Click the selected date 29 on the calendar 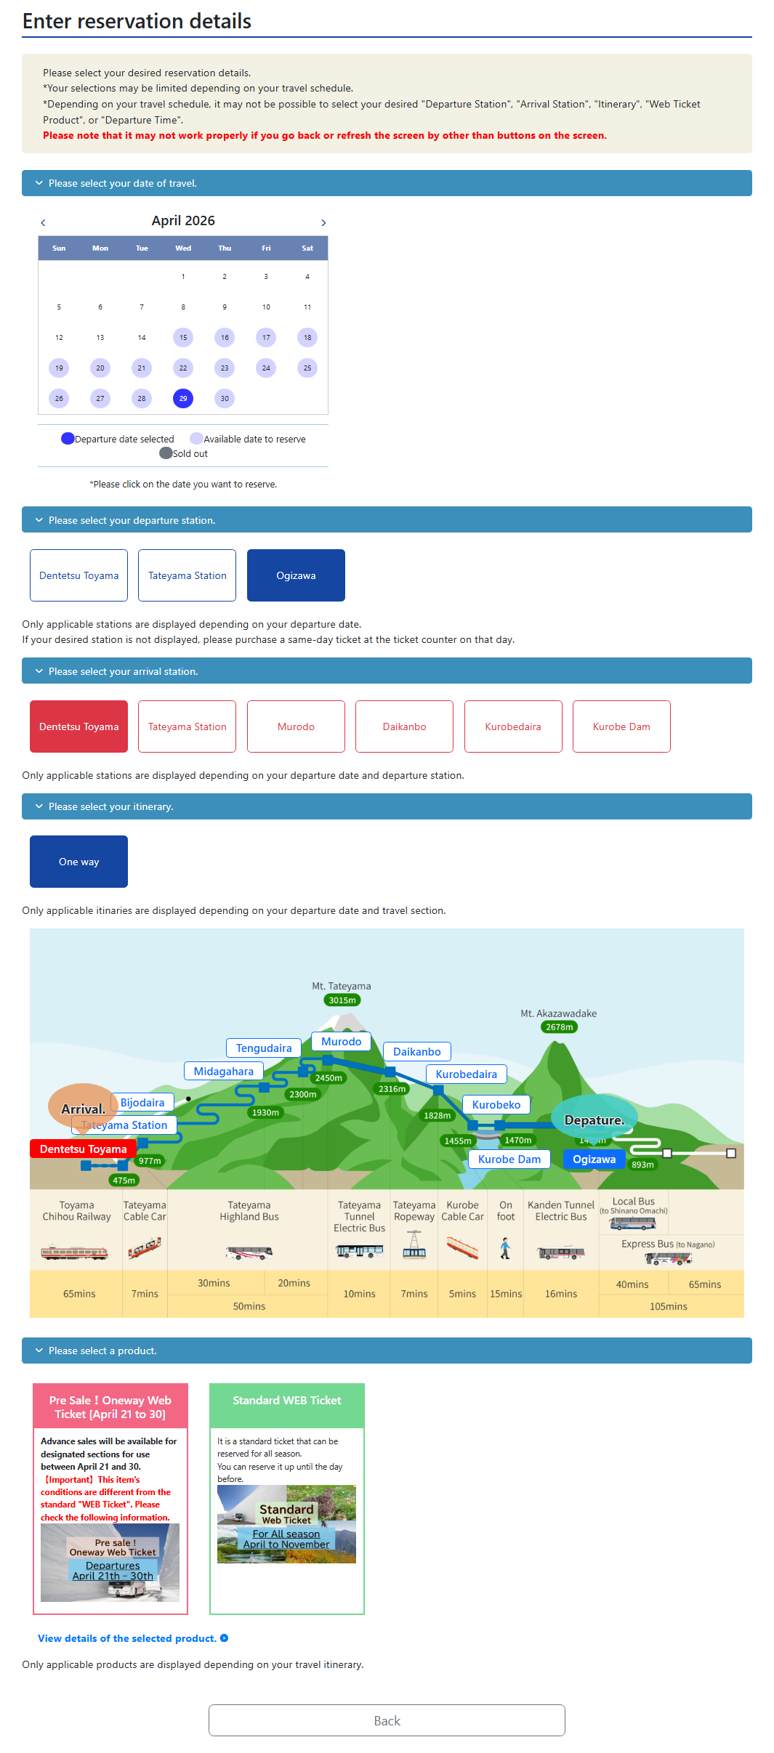click(x=183, y=398)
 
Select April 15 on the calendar click(x=183, y=337)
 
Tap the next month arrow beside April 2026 click(x=323, y=223)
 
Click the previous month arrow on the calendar click(x=43, y=223)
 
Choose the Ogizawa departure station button click(x=296, y=575)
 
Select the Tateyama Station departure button click(x=187, y=575)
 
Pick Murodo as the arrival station click(x=296, y=726)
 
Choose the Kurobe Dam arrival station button click(x=621, y=726)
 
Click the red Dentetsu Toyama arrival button click(x=78, y=726)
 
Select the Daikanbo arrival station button click(x=404, y=726)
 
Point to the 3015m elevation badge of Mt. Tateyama click(x=342, y=1000)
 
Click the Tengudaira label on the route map click(x=264, y=1048)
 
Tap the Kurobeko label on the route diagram click(x=496, y=1105)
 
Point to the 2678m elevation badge click(x=560, y=1027)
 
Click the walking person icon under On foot click(x=505, y=1249)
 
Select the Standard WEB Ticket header click(x=286, y=1401)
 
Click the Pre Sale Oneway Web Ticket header click(x=110, y=1407)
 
